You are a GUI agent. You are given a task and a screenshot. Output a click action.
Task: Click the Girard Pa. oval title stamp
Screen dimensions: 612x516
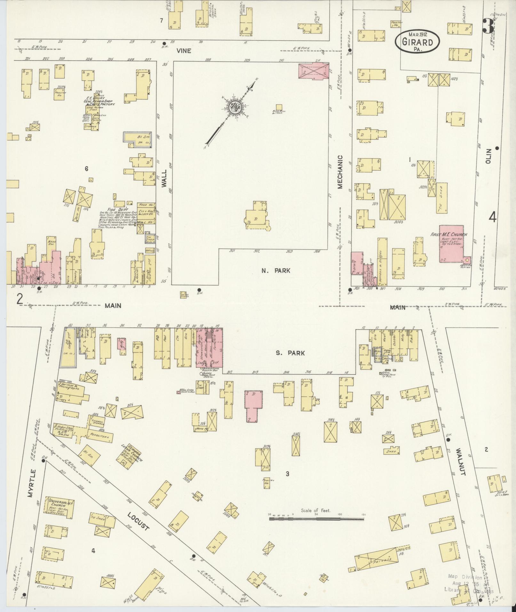417,42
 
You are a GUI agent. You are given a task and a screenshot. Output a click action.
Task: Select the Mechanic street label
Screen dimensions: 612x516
340,172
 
